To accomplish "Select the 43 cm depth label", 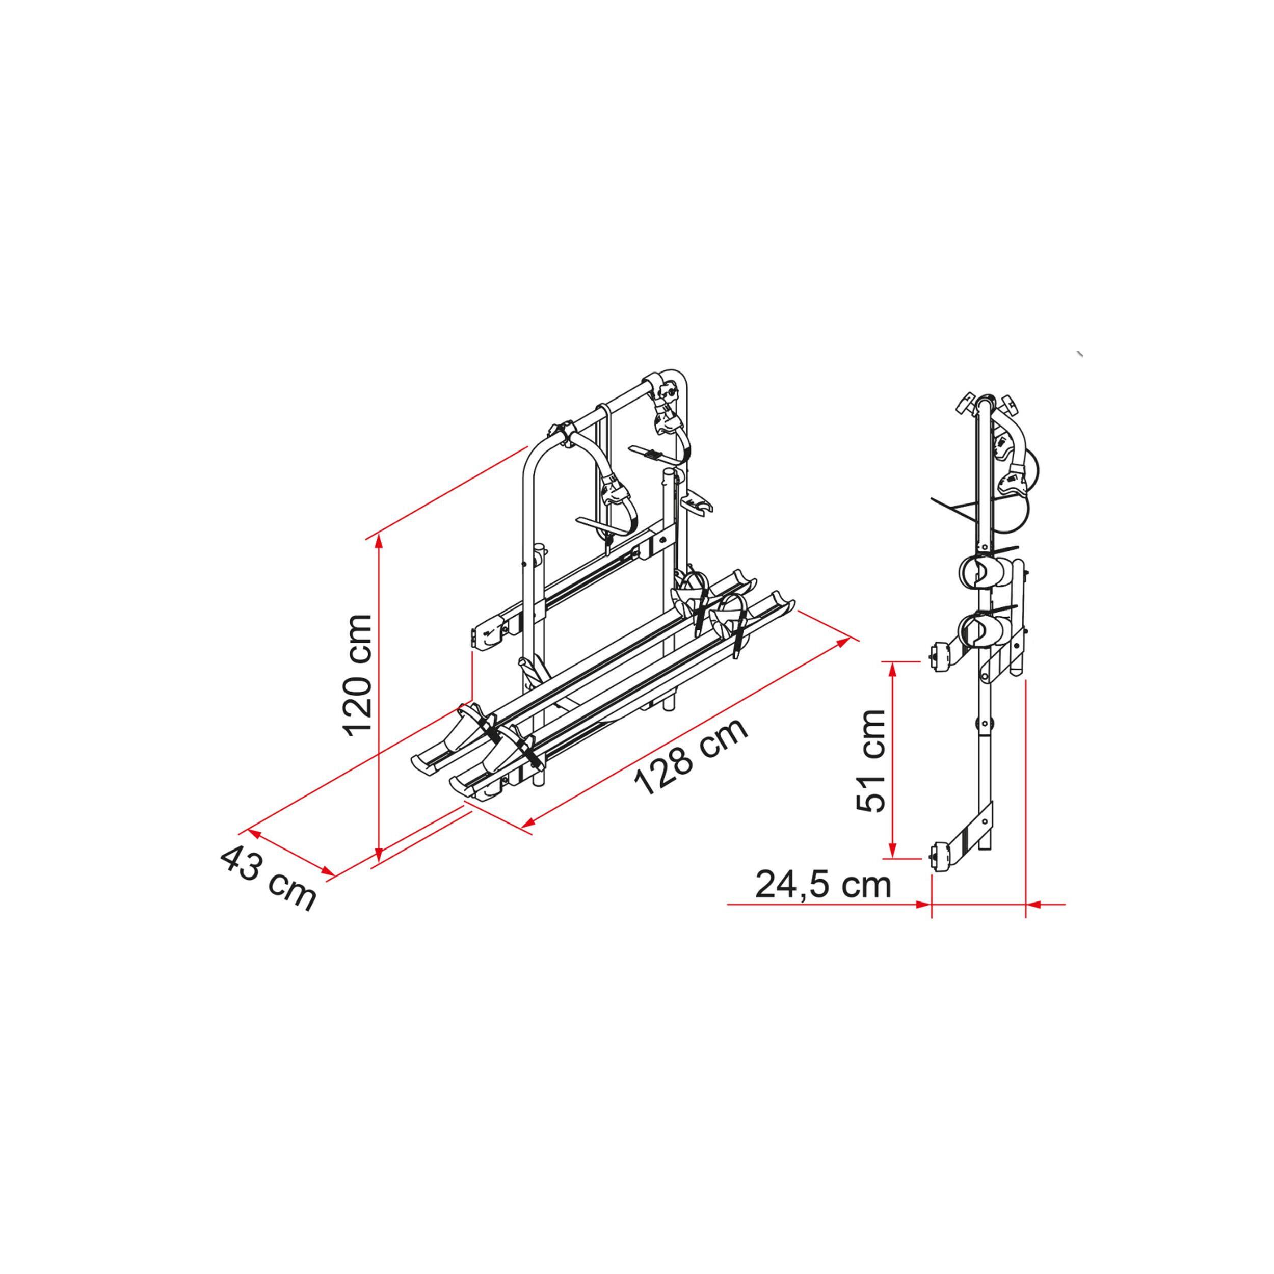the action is click(x=268, y=879).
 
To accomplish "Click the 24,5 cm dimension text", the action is click(x=823, y=885).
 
